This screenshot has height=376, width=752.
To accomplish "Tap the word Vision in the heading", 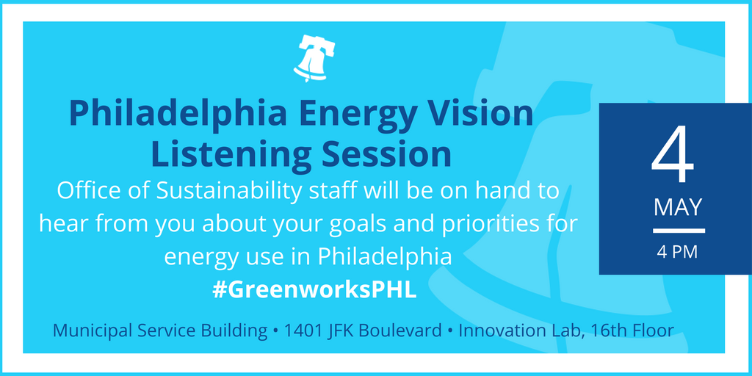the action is coord(480,114).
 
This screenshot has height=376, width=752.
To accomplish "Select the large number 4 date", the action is coord(673,154).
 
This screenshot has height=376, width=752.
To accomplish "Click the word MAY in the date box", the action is coord(678,207).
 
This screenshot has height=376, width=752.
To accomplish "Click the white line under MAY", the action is coord(679,231).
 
